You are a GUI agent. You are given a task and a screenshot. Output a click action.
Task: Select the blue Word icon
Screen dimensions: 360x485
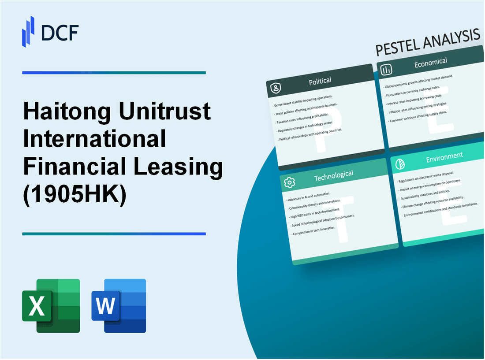point(119,305)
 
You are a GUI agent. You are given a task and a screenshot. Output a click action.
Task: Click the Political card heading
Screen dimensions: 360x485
point(321,81)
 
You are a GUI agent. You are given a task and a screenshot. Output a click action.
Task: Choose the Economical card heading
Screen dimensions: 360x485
point(430,63)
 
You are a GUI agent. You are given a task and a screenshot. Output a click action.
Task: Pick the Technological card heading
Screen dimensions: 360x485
point(333,175)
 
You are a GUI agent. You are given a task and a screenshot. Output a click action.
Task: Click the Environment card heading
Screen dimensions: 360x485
point(444,156)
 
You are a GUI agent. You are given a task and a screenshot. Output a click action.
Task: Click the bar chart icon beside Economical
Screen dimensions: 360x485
point(386,70)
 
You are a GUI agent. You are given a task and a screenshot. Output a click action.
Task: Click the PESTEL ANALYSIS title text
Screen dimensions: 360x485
point(428,43)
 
